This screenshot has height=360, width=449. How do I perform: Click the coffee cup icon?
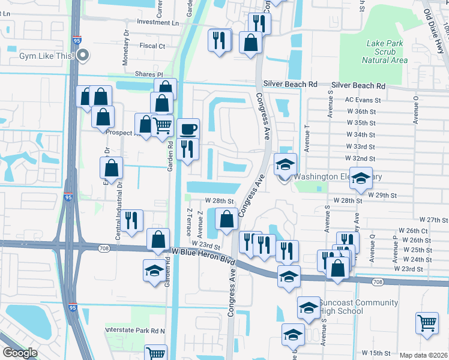[188, 130]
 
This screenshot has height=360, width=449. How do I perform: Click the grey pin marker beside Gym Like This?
[84, 56]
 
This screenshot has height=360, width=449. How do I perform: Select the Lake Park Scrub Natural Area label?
[385, 52]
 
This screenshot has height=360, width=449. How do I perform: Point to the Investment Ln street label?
[158, 22]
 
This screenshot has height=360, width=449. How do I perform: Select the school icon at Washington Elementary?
[286, 164]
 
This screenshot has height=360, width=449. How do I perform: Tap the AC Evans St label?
[363, 100]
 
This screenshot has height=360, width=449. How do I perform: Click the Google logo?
[20, 353]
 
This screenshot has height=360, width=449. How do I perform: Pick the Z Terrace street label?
[188, 222]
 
